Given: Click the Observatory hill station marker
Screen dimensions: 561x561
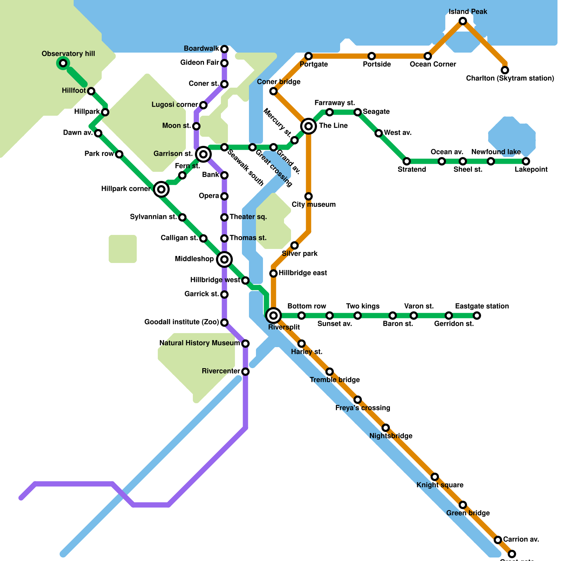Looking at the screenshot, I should click(63, 63).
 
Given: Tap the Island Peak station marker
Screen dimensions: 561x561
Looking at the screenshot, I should click(463, 21).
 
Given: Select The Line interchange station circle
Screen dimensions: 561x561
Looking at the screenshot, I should click(309, 126).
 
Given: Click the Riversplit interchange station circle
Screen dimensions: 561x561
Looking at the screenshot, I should click(273, 316).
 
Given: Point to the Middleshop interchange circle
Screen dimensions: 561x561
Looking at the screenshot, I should click(224, 259).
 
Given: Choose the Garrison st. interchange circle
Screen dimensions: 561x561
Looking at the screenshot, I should click(203, 154).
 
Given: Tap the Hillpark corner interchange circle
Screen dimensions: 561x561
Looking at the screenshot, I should click(161, 189).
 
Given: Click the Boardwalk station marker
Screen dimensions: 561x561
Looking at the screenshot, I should click(224, 49).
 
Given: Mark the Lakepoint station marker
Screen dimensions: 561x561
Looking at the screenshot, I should click(526, 161).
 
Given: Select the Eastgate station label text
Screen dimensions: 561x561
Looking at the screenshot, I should click(482, 306).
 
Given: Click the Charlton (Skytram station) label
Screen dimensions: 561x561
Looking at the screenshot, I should click(510, 78).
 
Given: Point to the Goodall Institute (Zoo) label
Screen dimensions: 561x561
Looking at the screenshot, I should click(182, 322).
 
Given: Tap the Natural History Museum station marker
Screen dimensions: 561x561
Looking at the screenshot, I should click(245, 344).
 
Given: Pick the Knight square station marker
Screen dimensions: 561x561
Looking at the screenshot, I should click(435, 477).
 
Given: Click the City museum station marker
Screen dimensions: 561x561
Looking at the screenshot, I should click(309, 196).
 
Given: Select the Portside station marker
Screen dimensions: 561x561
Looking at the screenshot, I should click(372, 56).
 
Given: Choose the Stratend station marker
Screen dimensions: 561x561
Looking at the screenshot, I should click(407, 161).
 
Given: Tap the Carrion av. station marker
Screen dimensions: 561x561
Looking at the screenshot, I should click(498, 540).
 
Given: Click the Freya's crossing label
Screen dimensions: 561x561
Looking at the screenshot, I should click(363, 408).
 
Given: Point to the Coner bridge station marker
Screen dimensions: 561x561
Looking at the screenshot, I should click(273, 91).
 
